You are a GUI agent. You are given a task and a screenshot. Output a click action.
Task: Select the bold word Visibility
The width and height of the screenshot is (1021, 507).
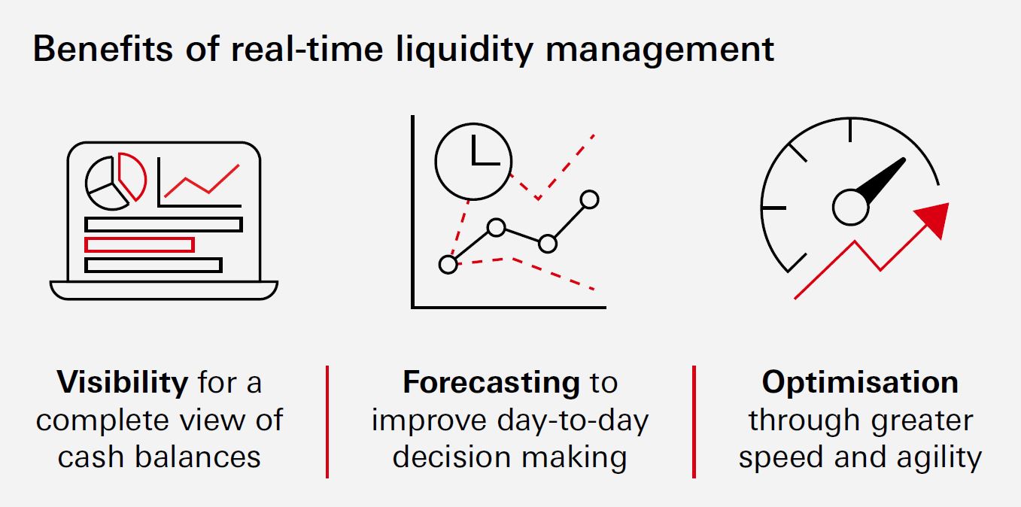pyautogui.click(x=122, y=382)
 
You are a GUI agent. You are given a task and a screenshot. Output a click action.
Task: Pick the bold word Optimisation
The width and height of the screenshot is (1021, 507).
pyautogui.click(x=860, y=382)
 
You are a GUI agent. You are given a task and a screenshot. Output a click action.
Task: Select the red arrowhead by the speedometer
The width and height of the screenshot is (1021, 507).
pyautogui.click(x=933, y=218)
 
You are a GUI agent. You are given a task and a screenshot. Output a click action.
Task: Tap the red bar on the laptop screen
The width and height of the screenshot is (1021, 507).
pyautogui.click(x=139, y=244)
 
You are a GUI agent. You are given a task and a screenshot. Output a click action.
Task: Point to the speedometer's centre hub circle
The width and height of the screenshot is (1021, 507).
pyautogui.click(x=850, y=207)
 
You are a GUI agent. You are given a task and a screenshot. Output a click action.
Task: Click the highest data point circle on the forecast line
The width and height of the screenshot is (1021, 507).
pyautogui.click(x=590, y=199)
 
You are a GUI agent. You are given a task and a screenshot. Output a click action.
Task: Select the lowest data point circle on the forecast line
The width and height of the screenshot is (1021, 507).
pyautogui.click(x=448, y=264)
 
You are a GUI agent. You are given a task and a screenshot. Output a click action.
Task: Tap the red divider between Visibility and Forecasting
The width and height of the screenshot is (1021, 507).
pyautogui.click(x=327, y=421)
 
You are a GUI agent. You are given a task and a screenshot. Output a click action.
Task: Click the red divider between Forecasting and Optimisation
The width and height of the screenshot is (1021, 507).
pyautogui.click(x=694, y=421)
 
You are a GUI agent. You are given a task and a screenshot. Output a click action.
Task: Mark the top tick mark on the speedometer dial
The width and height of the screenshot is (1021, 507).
pyautogui.click(x=850, y=129)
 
